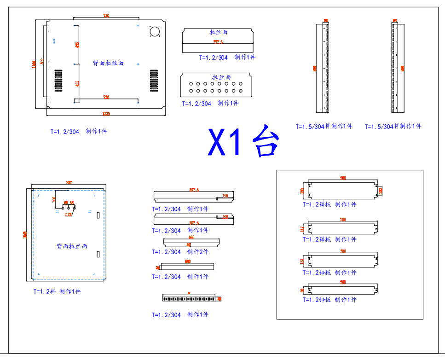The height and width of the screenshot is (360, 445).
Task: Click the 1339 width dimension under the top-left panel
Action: click(x=106, y=114)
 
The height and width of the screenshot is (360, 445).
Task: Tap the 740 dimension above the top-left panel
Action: click(x=106, y=16)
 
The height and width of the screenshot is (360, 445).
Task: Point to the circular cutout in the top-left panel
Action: click(x=154, y=31)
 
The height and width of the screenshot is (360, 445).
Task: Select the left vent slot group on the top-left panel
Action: click(x=58, y=81)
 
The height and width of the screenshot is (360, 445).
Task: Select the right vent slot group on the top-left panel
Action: click(x=153, y=81)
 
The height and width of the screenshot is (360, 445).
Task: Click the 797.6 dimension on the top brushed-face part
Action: click(x=218, y=42)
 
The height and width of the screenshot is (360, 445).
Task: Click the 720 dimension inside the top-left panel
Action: click(x=106, y=97)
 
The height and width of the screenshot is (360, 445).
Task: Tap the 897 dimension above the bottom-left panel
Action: click(x=69, y=183)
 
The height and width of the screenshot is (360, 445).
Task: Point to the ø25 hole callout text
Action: click(x=68, y=214)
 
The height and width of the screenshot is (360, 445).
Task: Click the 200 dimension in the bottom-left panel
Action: click(x=54, y=199)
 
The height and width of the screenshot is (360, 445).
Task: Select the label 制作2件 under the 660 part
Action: click(x=198, y=252)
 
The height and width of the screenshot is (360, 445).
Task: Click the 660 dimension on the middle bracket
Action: click(x=191, y=238)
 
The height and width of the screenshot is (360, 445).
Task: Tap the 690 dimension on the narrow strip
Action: click(x=187, y=261)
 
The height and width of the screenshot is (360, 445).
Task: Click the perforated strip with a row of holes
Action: click(x=190, y=299)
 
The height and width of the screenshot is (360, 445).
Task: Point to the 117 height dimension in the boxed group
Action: click(x=302, y=228)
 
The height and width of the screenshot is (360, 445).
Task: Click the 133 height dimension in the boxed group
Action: click(x=302, y=261)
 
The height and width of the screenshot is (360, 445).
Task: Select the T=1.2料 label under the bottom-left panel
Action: click(x=44, y=291)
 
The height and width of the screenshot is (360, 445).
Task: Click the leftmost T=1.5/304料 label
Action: click(x=313, y=126)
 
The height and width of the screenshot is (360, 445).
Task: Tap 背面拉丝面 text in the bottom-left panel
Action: click(x=72, y=247)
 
